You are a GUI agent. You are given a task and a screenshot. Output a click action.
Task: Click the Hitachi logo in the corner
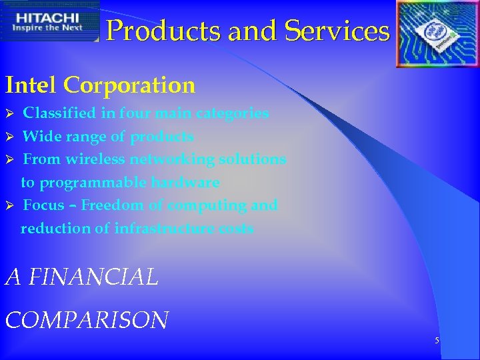(49, 21)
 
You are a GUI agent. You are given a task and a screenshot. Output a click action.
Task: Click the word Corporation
(130, 85)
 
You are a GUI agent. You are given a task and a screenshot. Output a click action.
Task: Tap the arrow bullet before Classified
(9, 113)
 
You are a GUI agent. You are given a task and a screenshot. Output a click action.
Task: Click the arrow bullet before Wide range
(9, 137)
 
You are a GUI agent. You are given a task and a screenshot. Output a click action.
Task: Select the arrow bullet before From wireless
(9, 160)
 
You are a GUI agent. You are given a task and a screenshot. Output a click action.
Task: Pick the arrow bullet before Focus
(9, 205)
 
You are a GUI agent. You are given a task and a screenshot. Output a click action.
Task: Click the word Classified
(59, 113)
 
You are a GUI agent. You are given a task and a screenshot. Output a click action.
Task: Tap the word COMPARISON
(87, 320)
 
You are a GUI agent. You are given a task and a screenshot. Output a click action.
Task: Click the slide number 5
(437, 341)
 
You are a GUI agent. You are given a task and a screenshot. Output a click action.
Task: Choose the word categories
(232, 113)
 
